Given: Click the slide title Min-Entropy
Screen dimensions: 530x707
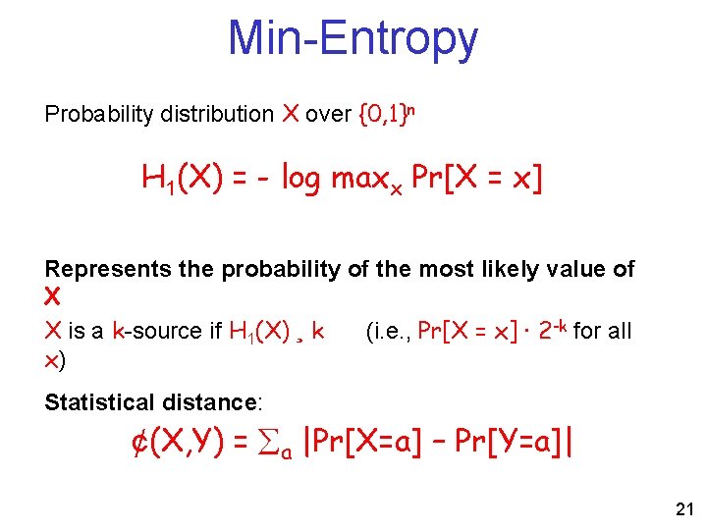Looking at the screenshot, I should [x=353, y=39].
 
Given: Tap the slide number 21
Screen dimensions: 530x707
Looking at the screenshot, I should [x=683, y=508].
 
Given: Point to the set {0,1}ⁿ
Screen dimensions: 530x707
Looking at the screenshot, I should [x=387, y=114].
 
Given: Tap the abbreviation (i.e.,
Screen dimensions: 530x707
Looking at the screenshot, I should [x=388, y=332].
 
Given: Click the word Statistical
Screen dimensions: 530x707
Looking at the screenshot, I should [x=100, y=402].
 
